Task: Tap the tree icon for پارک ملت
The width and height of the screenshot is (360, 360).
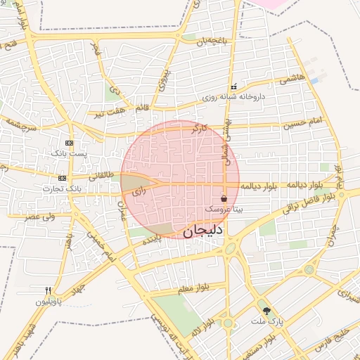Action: coord(266,311)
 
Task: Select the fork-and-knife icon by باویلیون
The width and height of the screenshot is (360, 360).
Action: coord(48,290)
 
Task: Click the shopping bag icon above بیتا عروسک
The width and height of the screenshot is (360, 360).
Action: coord(224,199)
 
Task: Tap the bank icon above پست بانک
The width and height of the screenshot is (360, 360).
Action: coord(69,143)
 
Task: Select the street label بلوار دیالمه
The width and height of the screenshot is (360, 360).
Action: coord(260,186)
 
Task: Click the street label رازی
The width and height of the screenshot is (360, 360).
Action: coord(139,190)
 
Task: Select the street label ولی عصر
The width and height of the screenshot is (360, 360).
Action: coord(40,217)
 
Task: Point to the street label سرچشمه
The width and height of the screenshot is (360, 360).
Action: coord(22,121)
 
